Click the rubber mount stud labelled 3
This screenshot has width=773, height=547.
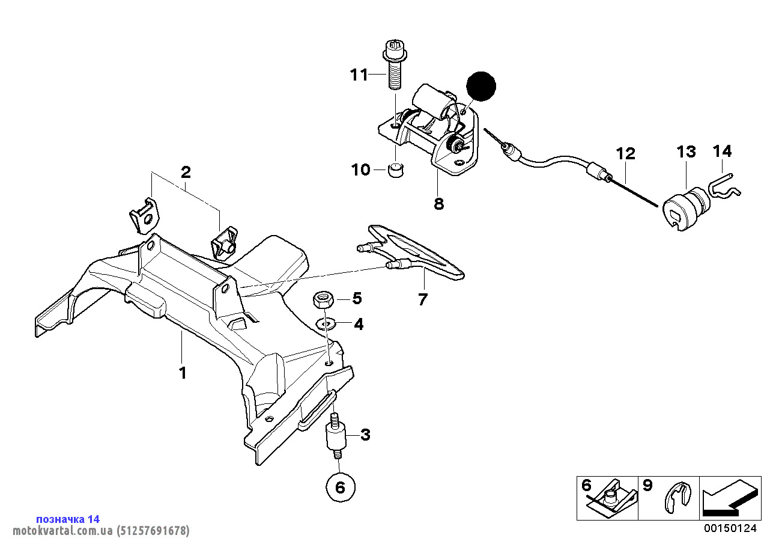335,437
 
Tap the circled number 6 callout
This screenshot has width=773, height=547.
340,487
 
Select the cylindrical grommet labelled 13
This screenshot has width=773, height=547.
684,209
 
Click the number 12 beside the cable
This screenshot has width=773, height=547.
625,154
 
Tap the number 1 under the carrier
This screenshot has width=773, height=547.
183,373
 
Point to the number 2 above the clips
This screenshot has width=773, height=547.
186,173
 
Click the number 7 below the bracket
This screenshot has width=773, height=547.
423,299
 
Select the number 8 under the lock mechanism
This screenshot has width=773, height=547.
438,204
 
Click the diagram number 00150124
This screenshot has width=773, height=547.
730,529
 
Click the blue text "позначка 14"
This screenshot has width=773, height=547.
68,519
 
